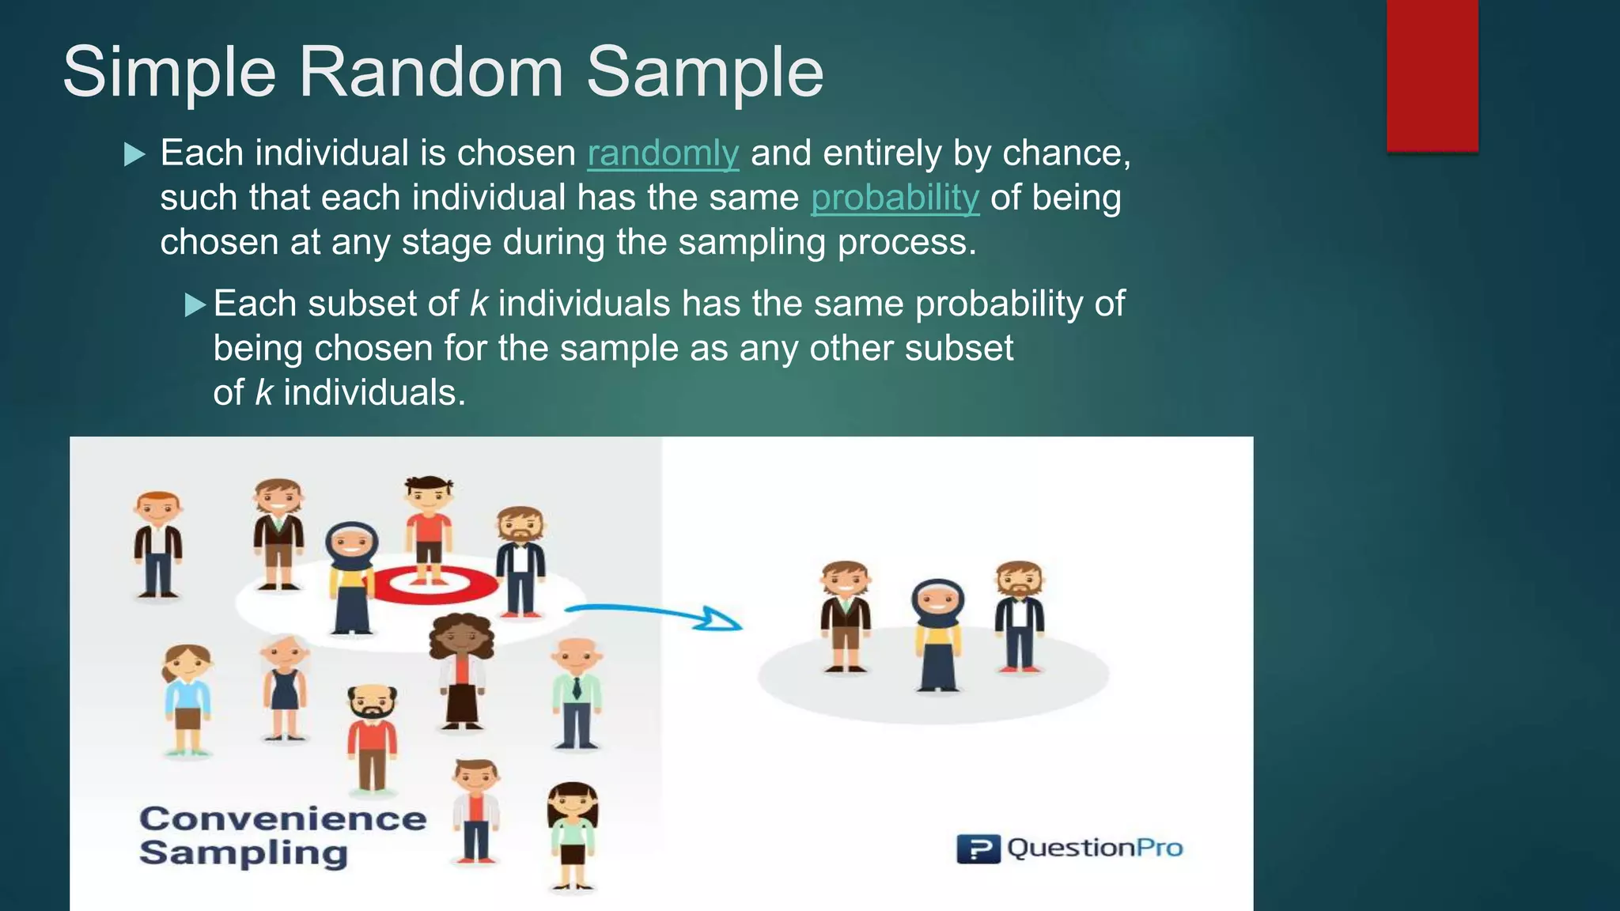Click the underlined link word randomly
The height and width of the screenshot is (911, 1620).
click(663, 153)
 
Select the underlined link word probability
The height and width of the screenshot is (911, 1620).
click(895, 198)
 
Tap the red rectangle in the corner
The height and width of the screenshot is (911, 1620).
click(1432, 75)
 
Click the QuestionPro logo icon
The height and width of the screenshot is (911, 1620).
click(978, 849)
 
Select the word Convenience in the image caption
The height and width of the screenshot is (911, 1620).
click(282, 818)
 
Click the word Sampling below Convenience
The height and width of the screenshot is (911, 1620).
click(244, 853)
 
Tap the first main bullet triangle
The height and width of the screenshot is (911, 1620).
click(135, 154)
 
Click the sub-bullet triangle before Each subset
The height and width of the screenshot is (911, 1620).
click(195, 304)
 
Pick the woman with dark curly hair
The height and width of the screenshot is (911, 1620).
click(461, 668)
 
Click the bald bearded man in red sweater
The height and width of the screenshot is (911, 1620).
click(372, 735)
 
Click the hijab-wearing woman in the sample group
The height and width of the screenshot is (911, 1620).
click(937, 633)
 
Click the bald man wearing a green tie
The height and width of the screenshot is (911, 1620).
click(577, 692)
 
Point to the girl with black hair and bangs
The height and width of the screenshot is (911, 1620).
click(573, 834)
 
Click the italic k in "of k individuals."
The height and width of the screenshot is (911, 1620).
click(263, 393)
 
